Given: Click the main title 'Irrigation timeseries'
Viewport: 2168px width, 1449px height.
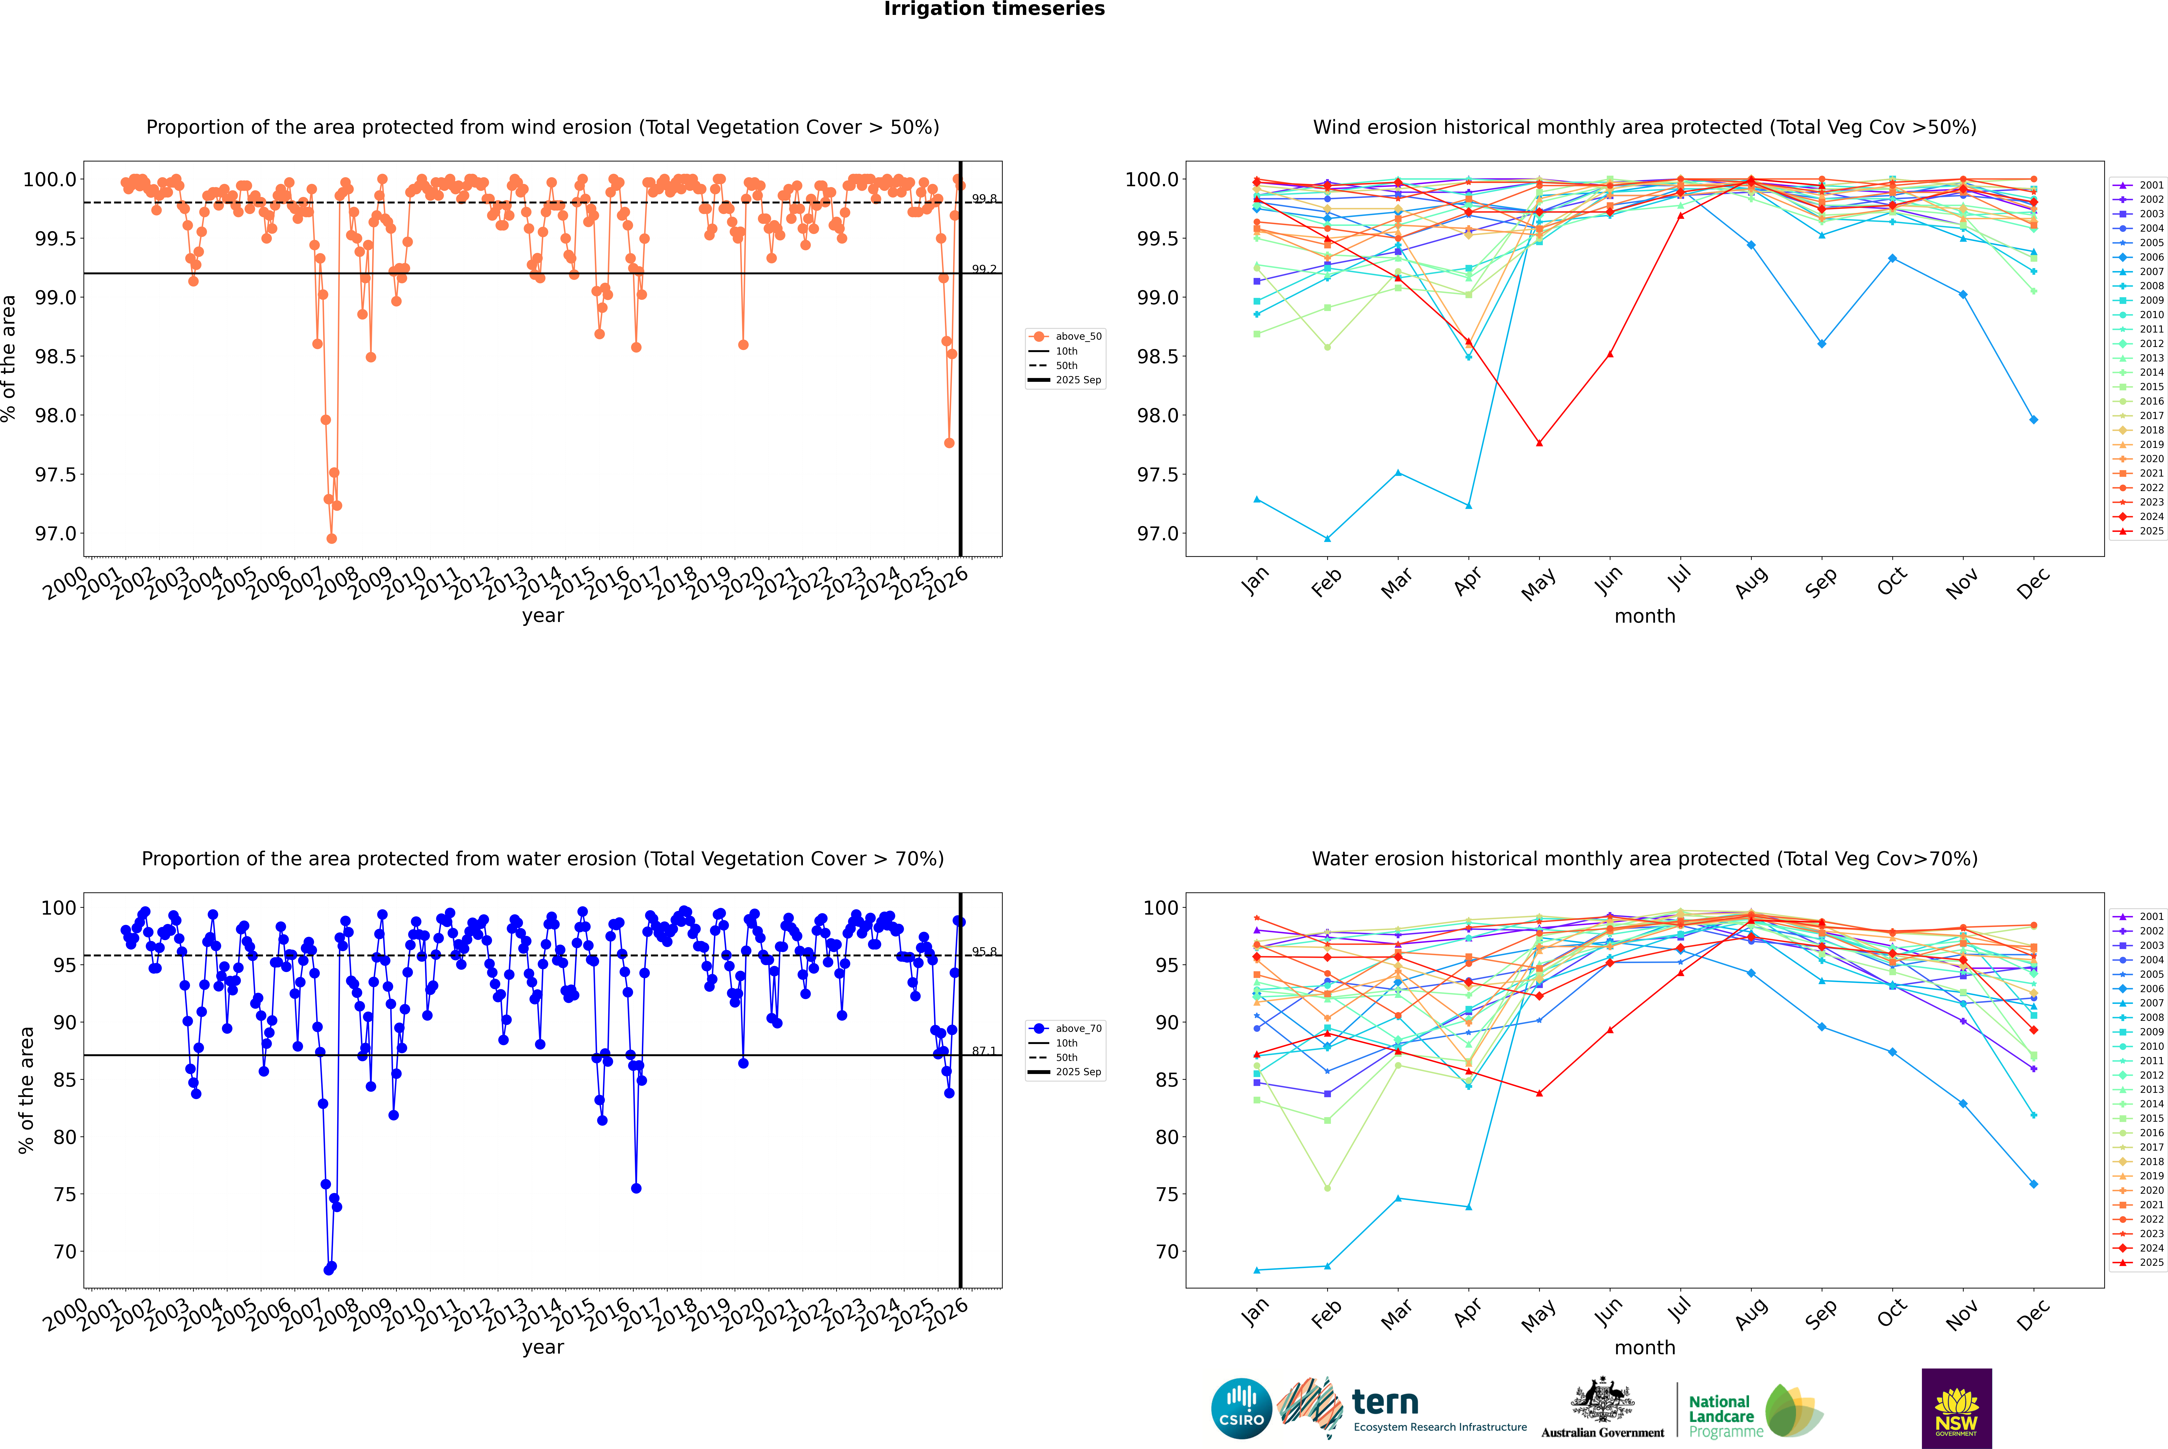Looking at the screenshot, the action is pos(994,9).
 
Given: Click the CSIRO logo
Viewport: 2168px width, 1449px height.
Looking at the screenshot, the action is pos(1241,1408).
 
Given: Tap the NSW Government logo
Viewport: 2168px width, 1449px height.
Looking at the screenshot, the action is pos(1956,1408).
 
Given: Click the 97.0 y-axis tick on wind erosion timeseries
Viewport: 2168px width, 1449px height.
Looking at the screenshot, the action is pos(56,534).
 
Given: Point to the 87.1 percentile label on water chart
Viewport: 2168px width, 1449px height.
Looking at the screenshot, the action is pos(984,1052).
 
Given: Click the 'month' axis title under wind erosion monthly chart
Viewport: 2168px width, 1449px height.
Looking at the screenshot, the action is pos(1645,616).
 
